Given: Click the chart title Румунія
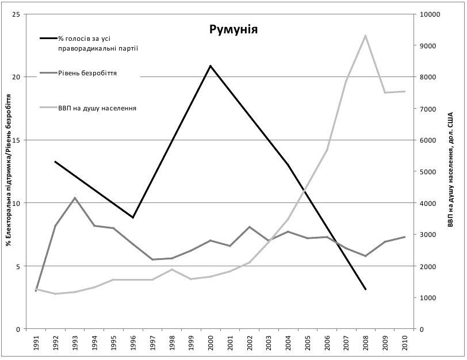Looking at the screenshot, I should click(233, 29).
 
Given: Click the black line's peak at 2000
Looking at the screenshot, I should click(210, 66).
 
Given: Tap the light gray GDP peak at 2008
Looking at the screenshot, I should click(365, 36).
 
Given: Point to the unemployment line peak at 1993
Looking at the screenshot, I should click(75, 198).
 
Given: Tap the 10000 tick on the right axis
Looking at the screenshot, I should click(430, 14).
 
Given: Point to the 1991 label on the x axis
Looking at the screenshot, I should click(36, 344).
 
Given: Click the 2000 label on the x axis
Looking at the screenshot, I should click(210, 344).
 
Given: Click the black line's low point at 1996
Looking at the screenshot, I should click(133, 217).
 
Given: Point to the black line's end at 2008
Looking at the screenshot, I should click(365, 289).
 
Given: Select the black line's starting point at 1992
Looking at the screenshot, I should click(55, 162).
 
